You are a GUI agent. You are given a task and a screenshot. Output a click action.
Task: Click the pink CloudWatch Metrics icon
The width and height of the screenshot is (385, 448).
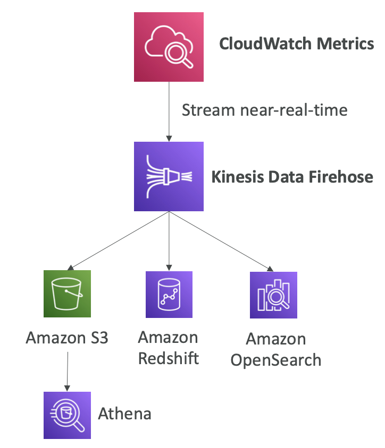coord(169,47)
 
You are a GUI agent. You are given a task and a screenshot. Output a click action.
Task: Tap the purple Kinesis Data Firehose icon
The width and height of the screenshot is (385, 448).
coord(169,176)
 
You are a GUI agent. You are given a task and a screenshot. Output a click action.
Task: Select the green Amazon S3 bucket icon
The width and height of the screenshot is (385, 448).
coord(67,294)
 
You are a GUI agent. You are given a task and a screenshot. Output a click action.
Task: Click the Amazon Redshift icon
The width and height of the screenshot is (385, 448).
coord(169,295)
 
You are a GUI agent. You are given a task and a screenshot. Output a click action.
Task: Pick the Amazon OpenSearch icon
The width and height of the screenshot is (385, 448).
coord(273,295)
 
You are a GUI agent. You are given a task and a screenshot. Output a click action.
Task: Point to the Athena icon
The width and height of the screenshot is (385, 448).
coord(67,415)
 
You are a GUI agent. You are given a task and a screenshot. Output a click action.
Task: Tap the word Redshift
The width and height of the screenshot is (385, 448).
coord(169,357)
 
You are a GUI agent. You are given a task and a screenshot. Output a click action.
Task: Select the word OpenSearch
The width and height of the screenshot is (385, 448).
coord(275,360)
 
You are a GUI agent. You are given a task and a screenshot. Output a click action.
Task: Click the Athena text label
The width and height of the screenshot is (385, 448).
coord(125,413)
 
